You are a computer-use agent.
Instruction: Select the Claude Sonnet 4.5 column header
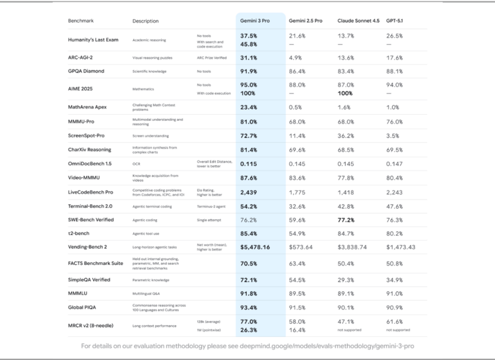358,21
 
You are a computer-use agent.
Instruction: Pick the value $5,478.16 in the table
260,246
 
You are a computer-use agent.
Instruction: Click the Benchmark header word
81,21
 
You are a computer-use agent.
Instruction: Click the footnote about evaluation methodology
247,345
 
